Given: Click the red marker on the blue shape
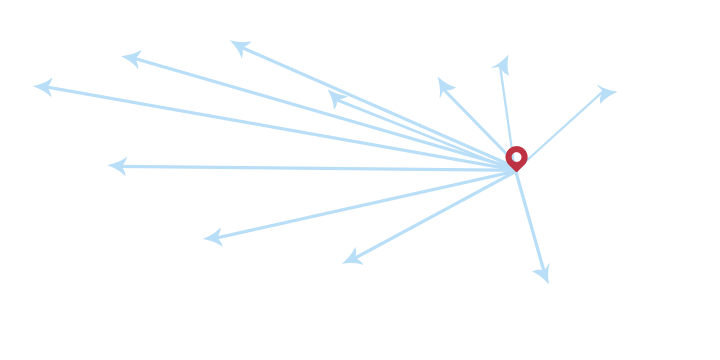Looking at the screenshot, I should pyautogui.click(x=518, y=158).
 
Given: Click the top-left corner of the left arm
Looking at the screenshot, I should pyautogui.click(x=33, y=77).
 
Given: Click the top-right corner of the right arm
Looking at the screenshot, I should pyautogui.click(x=617, y=84).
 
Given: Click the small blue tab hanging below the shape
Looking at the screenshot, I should pyautogui.click(x=531, y=275).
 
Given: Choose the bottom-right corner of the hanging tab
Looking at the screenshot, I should pyautogui.click(x=550, y=284).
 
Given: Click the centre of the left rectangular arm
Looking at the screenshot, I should pyautogui.click(x=75, y=124).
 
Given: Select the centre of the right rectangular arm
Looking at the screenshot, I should pyautogui.click(x=584, y=128).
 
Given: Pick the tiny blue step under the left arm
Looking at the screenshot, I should pyautogui.click(x=111, y=175).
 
